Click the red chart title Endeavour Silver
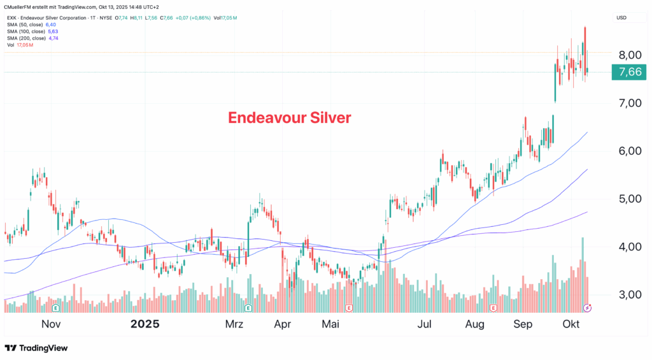point(289,118)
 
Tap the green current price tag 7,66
point(630,73)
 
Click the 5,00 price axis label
point(630,199)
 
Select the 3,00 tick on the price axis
point(630,295)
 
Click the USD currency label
point(621,18)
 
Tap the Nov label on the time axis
point(51,324)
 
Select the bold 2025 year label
point(145,324)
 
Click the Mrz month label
point(234,324)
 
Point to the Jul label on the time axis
point(425,324)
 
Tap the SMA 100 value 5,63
point(53,32)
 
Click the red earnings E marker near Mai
point(348,308)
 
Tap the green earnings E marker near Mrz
point(248,308)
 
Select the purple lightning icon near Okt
point(588,308)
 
